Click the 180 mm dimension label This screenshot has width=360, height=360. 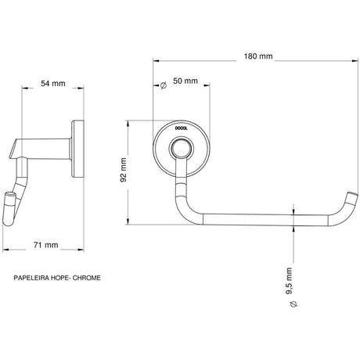point(258,56)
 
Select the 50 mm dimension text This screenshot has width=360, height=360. point(185,81)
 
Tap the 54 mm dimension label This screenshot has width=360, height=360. point(53,84)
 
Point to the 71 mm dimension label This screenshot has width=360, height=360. point(45,245)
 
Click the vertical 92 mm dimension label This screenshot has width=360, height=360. point(124,170)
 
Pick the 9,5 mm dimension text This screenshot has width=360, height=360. point(289,281)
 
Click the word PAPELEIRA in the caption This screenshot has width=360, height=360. point(31,278)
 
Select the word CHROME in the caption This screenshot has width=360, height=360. point(86,278)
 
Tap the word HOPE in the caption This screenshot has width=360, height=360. point(59,278)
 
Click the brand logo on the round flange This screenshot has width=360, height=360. point(182,128)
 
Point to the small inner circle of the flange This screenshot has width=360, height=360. point(182,149)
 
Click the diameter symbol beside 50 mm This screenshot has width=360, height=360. point(164,85)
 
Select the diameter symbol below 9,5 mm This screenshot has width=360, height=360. point(293,304)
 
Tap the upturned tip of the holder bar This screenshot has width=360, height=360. point(351,194)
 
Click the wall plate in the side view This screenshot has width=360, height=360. point(77,149)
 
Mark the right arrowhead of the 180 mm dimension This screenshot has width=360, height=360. point(355,61)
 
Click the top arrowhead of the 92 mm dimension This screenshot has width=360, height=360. point(128,124)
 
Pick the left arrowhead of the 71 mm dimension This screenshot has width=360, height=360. point(5,250)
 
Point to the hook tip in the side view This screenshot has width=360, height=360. point(10,194)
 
